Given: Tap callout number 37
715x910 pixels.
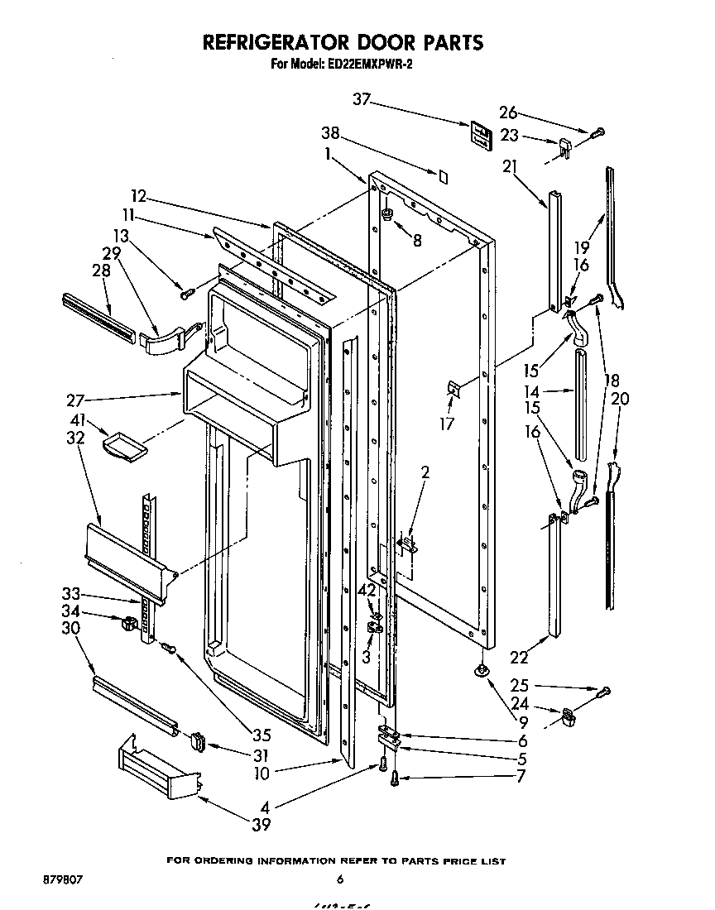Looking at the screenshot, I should pos(361,100).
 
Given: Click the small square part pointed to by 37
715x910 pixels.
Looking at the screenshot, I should pos(480,134).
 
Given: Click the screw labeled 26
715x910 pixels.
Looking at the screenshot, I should pos(598,131).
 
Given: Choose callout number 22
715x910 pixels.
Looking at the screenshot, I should pos(519,658).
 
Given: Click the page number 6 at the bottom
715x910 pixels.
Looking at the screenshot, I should pos(340,879).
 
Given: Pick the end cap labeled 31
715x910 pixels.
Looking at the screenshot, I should pos(199,741).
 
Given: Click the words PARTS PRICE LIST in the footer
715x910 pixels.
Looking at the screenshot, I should pos(453,861).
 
